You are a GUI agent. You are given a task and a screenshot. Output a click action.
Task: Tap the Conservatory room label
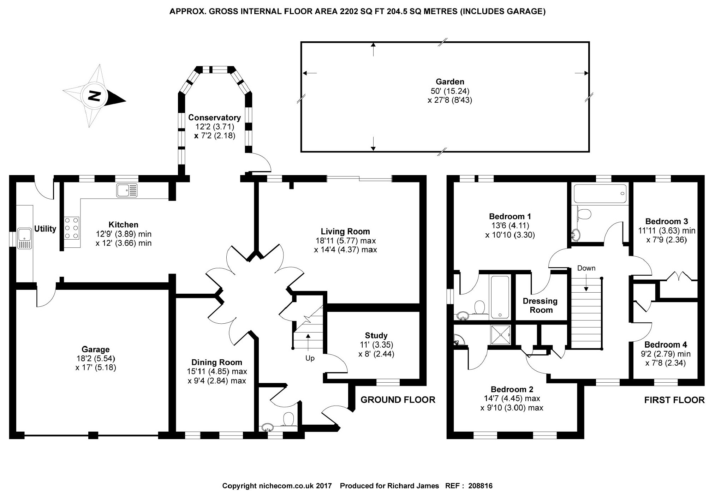(x=214, y=118)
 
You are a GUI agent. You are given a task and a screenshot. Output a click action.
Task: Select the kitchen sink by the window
(x=127, y=191)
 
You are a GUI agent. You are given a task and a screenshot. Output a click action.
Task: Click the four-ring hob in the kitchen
(x=72, y=228)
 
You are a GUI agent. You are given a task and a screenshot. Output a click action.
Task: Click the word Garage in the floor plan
(x=96, y=349)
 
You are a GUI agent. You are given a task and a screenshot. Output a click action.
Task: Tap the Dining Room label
(x=217, y=362)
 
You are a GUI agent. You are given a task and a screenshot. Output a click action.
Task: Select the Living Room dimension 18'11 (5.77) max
(x=346, y=241)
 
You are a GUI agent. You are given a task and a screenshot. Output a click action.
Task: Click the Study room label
(x=376, y=335)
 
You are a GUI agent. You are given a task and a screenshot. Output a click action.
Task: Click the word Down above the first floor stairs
(x=586, y=268)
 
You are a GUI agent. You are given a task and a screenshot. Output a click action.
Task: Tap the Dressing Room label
(x=540, y=306)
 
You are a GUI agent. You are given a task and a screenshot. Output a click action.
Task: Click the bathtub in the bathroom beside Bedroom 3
(x=600, y=193)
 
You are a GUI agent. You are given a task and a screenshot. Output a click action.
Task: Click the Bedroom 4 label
(x=666, y=345)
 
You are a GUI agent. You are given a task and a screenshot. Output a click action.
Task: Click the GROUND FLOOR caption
(x=398, y=400)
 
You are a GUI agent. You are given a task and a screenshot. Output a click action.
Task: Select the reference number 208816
(x=480, y=486)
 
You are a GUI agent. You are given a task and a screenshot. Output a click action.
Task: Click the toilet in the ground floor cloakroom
(x=288, y=419)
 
